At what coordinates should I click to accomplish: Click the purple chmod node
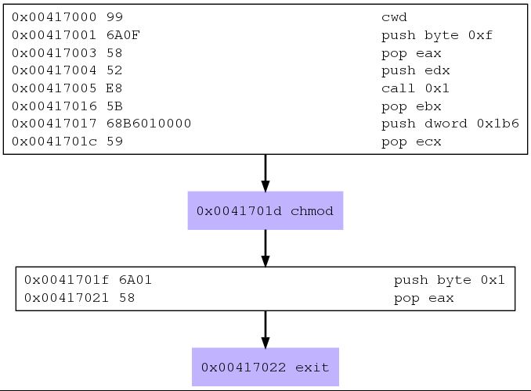point(265,210)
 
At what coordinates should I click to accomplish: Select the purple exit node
point(265,367)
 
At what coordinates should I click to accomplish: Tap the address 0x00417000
point(54,17)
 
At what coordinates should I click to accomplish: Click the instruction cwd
point(394,17)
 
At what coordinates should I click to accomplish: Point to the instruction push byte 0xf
point(437,35)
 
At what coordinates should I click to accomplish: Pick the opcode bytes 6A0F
point(123,35)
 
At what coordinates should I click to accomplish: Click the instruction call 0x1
point(415,88)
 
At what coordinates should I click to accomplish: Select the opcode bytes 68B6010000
point(149,124)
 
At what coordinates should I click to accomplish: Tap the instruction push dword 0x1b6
point(450,124)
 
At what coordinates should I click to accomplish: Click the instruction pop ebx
point(411,106)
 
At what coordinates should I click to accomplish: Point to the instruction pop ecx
point(411,142)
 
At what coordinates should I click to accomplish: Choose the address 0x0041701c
point(54,142)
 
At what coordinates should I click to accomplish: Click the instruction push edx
point(416,70)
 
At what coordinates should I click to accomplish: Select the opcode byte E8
point(114,88)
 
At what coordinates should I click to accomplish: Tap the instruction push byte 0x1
point(450,280)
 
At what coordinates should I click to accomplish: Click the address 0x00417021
point(67,298)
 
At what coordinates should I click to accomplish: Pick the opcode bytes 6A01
point(135,280)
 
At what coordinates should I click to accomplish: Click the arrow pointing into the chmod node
point(265,173)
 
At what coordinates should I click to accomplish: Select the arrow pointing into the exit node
point(265,329)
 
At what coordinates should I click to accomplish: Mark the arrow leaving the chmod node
point(265,248)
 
